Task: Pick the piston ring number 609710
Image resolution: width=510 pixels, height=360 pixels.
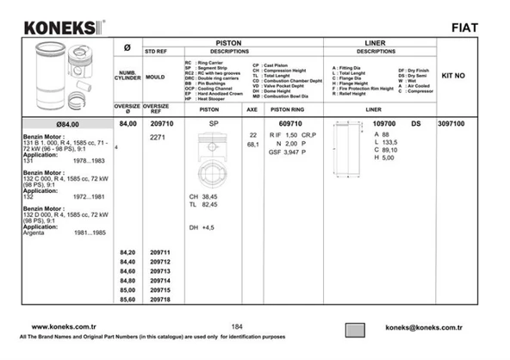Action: (x=289, y=124)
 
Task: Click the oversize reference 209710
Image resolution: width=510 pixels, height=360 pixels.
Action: (x=160, y=124)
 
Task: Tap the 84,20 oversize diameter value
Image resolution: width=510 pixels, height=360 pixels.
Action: (x=127, y=252)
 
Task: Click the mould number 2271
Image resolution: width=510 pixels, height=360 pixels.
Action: (x=158, y=137)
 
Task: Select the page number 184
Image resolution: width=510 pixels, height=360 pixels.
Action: (x=237, y=326)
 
